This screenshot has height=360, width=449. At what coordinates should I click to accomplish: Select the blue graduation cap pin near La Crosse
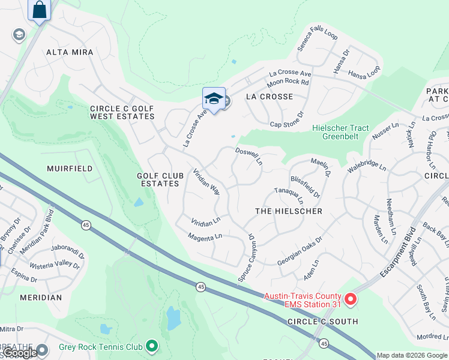[214, 99]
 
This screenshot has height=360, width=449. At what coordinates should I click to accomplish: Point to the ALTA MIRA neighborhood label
[70, 52]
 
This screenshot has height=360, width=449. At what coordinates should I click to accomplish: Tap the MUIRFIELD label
[70, 169]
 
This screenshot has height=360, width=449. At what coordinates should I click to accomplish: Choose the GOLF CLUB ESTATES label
[158, 179]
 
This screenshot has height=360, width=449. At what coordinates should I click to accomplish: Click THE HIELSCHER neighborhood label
[289, 211]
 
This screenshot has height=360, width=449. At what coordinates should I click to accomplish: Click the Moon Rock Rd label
[288, 82]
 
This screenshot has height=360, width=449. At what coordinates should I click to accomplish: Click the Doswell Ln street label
[249, 157]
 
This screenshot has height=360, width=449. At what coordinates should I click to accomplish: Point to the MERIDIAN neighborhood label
[41, 298]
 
